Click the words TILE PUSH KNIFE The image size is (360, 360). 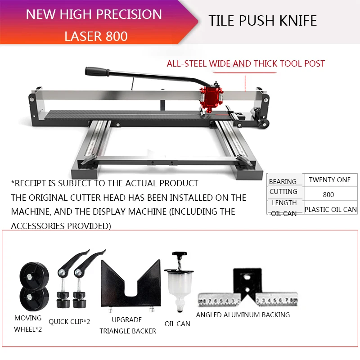point(263,20)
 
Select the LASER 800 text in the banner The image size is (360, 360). point(96,36)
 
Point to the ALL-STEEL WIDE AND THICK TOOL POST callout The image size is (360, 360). point(246,63)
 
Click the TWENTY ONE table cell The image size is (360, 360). point(330,180)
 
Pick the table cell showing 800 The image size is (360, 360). point(328,195)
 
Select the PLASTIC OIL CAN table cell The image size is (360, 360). point(330,209)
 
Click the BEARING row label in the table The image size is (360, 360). point(283,181)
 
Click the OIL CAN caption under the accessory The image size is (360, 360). point(177,324)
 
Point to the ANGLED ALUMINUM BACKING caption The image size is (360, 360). point(243,315)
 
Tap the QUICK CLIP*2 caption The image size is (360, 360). point(69,321)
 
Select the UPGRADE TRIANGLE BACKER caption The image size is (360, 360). point(128,325)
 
